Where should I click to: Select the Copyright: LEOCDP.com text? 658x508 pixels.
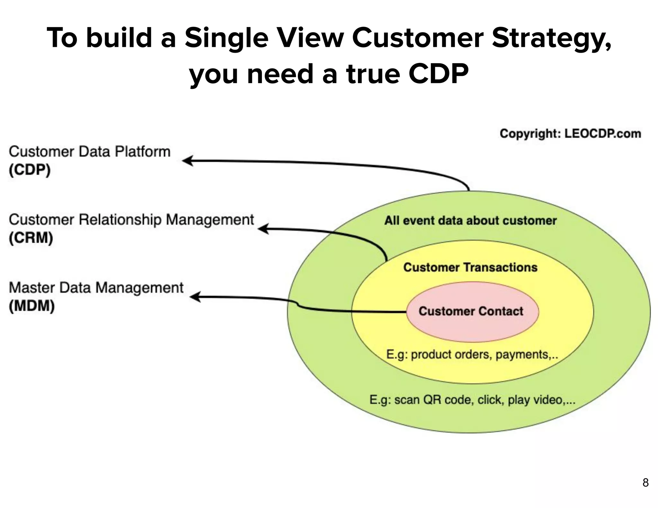coord(570,134)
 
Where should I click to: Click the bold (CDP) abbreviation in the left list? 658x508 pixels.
coord(30,170)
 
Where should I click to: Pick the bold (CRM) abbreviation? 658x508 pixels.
coord(31,238)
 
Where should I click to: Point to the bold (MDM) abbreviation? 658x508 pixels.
coord(31,306)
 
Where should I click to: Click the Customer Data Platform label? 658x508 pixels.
coord(89,152)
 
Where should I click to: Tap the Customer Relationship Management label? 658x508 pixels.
coord(131,220)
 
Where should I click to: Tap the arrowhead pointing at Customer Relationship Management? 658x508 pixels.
coord(263,229)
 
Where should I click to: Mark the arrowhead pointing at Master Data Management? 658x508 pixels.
coord(195,297)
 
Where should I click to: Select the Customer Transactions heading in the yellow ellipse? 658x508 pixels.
coord(470,267)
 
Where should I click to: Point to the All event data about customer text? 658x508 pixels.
coord(470,221)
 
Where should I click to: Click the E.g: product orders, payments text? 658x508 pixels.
coord(472,355)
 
